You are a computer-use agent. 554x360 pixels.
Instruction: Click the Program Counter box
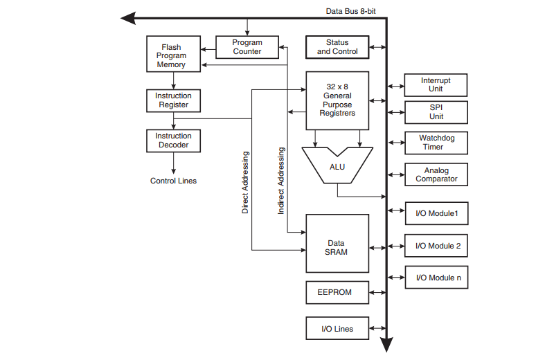[247, 47]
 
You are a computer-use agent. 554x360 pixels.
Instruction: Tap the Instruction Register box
[173, 100]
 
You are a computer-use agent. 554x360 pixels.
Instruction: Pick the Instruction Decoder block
[173, 141]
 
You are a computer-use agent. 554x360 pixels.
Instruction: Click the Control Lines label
[173, 181]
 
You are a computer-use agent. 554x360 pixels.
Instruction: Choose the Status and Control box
[337, 47]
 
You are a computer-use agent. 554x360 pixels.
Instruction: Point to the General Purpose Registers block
[337, 100]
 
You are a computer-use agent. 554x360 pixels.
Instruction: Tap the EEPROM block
[337, 292]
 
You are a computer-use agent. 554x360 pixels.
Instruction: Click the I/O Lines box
[337, 329]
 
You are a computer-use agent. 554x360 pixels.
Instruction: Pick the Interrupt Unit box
[436, 85]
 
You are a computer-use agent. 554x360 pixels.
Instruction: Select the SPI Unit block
[436, 112]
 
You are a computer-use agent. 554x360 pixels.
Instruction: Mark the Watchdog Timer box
[436, 143]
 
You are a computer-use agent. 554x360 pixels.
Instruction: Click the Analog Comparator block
[436, 174]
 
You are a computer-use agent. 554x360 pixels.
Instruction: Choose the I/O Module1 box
[436, 213]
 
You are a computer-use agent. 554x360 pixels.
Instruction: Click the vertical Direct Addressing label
[245, 182]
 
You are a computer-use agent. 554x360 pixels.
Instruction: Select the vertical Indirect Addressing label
[281, 180]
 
